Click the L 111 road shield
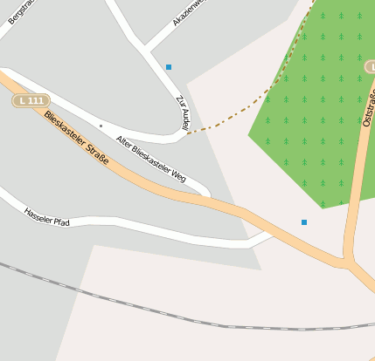pos(31,101)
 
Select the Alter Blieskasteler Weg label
pos(151,163)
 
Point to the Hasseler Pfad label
pos(46,217)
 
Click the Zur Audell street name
pos(183,113)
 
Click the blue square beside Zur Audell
pos(169,67)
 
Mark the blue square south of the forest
pos(304,222)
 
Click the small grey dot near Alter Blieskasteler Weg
pos(101,126)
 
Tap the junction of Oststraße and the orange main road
pos(348,259)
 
